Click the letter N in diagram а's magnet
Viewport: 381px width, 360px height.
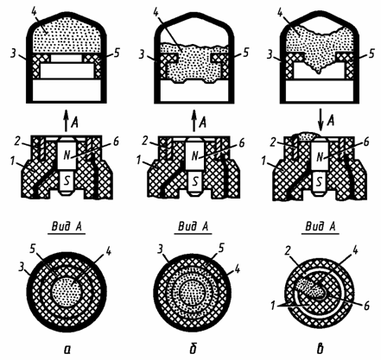[67, 155]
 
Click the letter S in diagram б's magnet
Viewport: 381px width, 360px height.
[195, 181]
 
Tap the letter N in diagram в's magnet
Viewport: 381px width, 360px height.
[320, 157]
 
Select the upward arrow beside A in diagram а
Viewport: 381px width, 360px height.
[67, 121]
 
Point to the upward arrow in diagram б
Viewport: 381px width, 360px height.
[194, 121]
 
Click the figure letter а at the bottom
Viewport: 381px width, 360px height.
[67, 350]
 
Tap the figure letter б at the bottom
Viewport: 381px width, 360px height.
[194, 348]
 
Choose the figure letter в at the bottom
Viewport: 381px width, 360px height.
[320, 349]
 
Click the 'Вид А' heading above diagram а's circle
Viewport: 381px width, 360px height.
[67, 227]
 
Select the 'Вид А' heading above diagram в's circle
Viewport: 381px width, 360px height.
[321, 227]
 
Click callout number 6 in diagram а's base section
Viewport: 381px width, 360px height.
[116, 142]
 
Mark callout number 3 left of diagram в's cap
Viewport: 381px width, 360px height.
[270, 54]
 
